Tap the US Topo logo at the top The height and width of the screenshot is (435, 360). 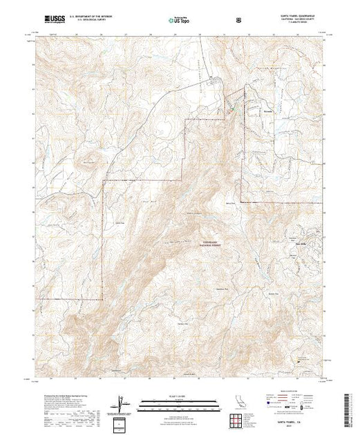click(179, 21)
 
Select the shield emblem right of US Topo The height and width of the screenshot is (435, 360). click(238, 21)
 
